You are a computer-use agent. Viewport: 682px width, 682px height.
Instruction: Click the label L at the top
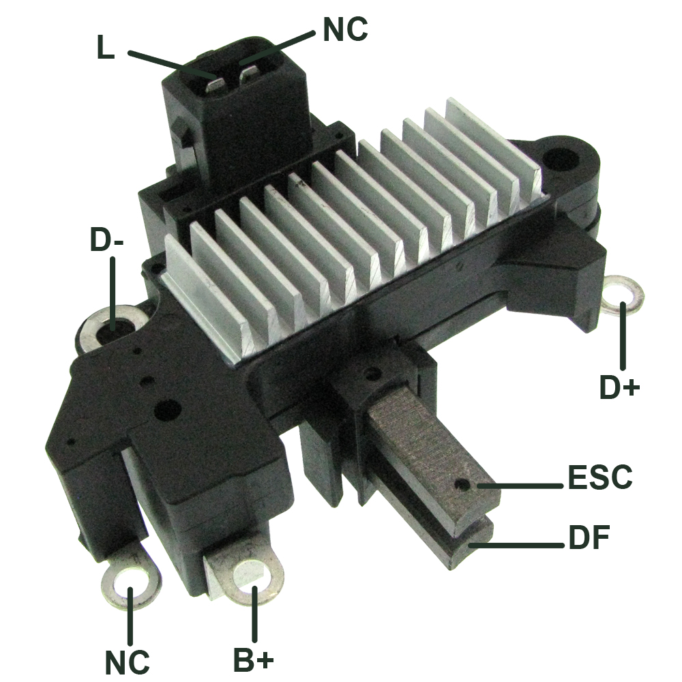point(105,50)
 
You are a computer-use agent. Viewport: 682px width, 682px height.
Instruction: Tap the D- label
point(108,239)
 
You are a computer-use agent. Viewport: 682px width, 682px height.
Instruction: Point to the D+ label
point(619,387)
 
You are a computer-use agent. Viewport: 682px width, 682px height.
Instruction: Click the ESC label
point(599,477)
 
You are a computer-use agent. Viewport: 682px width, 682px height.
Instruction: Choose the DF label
point(588,539)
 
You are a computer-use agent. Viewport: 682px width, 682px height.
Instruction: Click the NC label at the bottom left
point(128,661)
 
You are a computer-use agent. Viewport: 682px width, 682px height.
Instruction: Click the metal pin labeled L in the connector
point(216,84)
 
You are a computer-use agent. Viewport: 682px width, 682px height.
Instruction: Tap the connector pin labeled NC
point(248,74)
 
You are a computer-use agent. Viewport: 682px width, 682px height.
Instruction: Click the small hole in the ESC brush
point(464,486)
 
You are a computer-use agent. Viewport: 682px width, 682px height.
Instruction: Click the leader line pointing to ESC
point(522,486)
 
